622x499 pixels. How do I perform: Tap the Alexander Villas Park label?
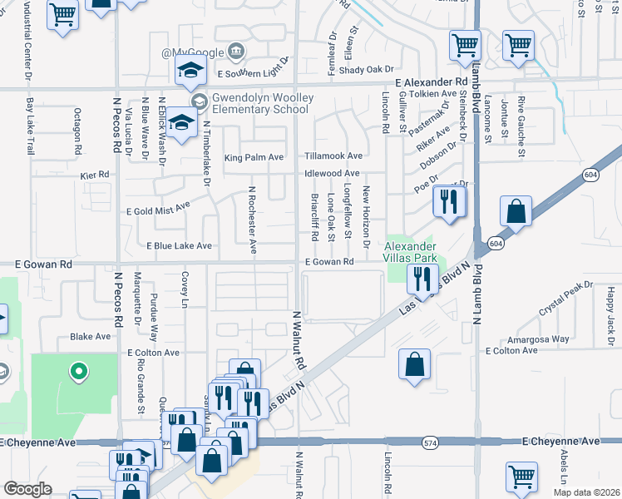tap(409, 252)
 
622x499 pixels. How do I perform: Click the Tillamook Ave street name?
tap(333, 156)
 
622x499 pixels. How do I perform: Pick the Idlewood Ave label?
tap(332, 173)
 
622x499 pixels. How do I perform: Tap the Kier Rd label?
tap(95, 175)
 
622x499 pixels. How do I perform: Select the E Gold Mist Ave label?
tap(156, 208)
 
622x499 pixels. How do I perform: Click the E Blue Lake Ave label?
tap(179, 246)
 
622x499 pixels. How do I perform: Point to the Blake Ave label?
tap(91, 337)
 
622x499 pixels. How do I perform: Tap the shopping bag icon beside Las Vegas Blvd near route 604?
tap(516, 212)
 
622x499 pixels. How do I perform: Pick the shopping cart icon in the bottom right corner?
tap(521, 477)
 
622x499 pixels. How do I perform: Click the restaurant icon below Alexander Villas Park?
tap(422, 278)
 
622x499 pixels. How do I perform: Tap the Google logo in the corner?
tap(28, 489)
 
